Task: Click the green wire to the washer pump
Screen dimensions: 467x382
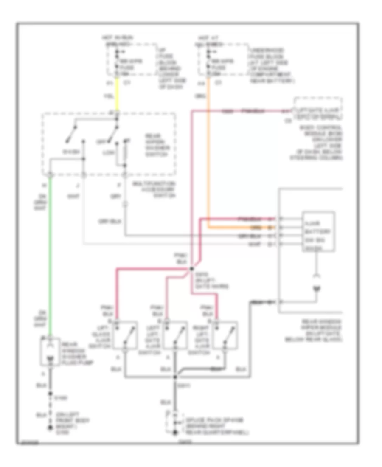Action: point(51,255)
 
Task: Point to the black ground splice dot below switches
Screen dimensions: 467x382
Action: point(176,377)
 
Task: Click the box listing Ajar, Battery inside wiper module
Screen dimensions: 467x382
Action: point(318,233)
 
